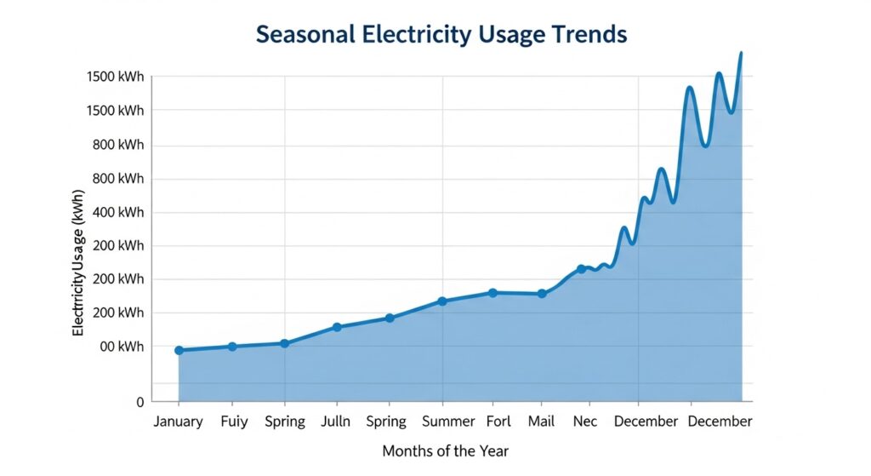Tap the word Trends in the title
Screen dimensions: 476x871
586,35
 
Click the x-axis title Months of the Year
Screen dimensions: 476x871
445,450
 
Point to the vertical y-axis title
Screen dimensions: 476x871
78,272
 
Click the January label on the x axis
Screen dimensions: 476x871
178,422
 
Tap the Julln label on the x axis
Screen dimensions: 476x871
337,422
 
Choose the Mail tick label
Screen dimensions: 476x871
541,422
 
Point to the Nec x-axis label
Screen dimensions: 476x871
585,422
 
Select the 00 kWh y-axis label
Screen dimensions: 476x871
120,347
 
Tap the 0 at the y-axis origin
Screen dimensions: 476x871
140,401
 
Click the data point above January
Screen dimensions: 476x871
179,350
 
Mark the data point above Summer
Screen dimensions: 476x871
442,301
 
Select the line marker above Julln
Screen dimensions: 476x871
337,327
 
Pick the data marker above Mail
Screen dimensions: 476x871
542,294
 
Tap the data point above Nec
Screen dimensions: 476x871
582,269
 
